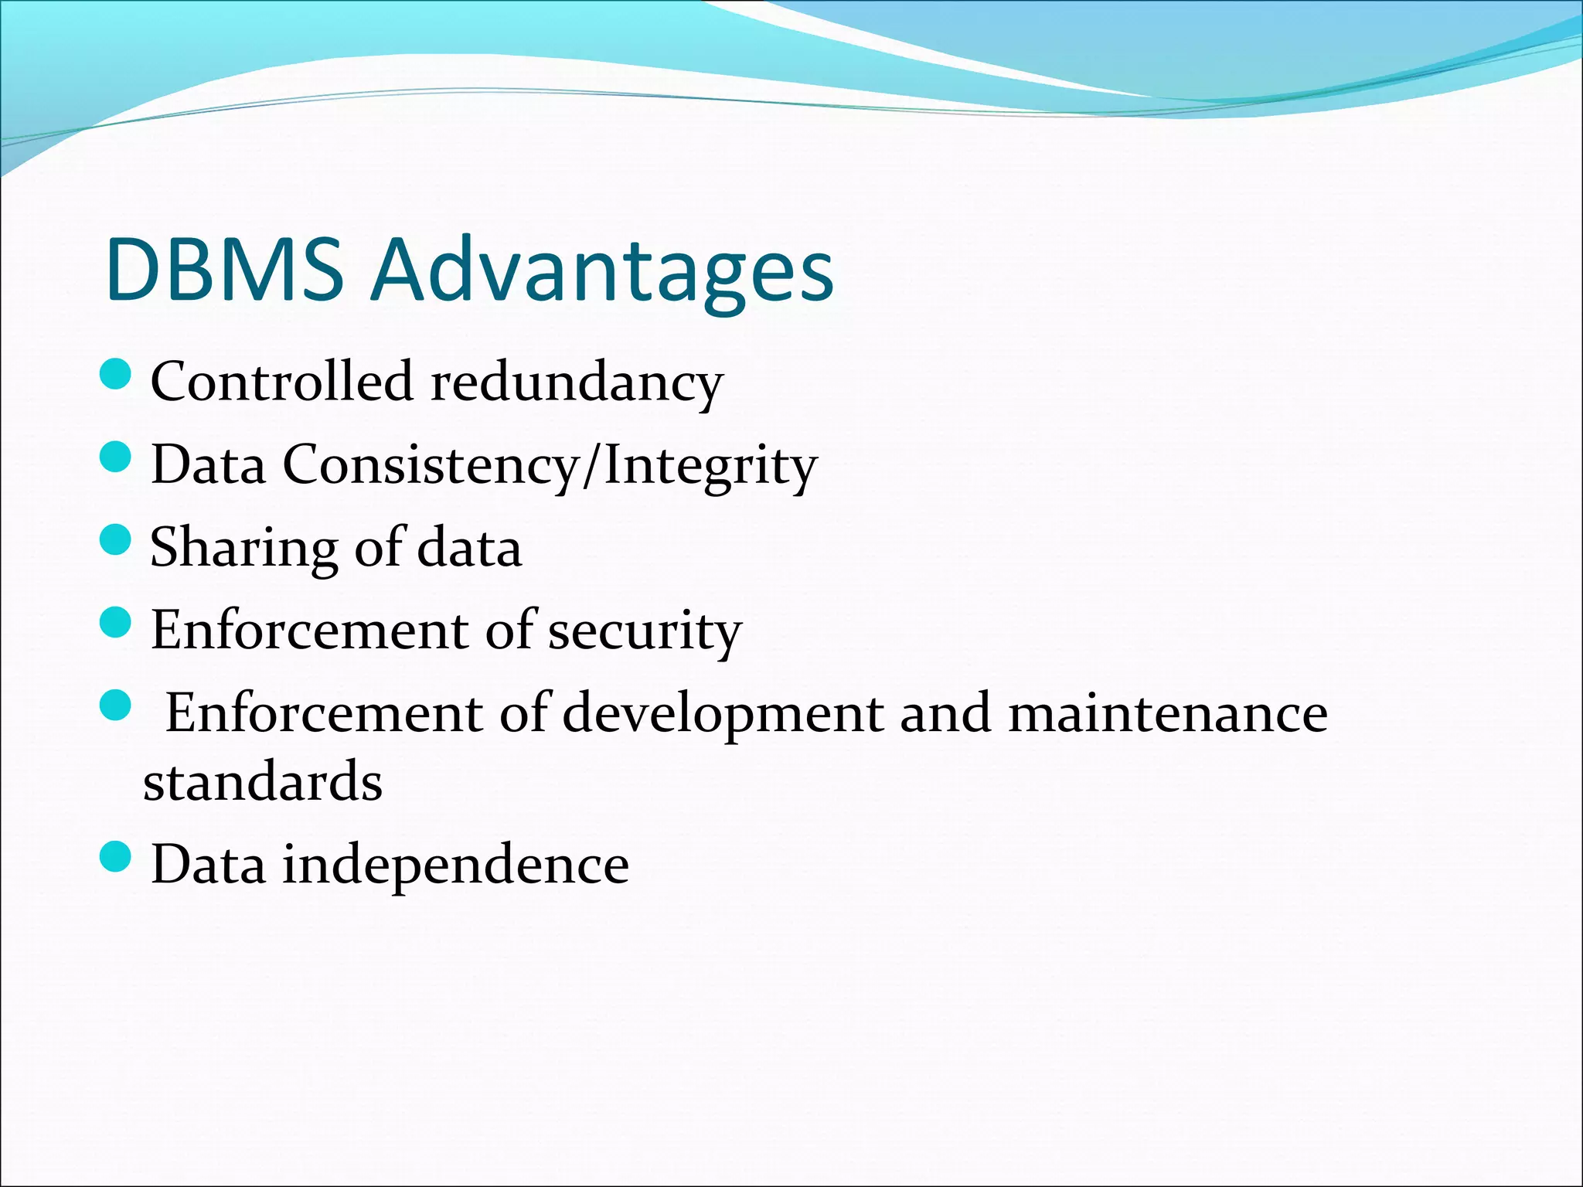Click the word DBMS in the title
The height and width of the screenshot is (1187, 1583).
(x=224, y=270)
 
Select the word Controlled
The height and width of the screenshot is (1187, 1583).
(x=282, y=381)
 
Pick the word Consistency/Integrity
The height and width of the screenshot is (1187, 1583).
(x=550, y=465)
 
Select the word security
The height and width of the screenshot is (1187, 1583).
(x=645, y=631)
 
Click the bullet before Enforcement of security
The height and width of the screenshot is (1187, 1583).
(x=117, y=622)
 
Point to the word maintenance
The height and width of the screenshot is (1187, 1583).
(x=1168, y=713)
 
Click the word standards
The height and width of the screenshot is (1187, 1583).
(x=263, y=781)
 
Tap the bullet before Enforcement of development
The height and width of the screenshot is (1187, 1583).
(x=117, y=706)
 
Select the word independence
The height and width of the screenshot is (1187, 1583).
(x=455, y=865)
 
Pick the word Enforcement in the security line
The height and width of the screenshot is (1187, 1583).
(x=310, y=630)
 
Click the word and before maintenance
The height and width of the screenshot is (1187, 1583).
(x=945, y=713)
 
